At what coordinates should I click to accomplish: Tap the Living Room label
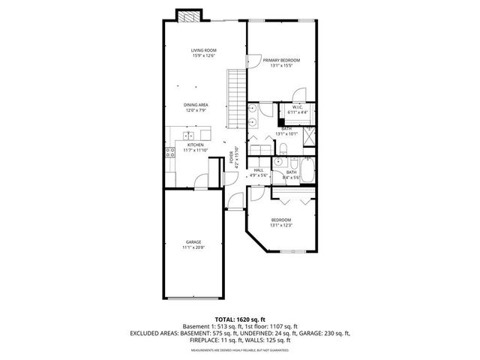(203, 49)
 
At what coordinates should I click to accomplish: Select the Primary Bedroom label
(281, 60)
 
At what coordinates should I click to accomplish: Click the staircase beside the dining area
(237, 97)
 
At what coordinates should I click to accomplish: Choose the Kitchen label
(195, 145)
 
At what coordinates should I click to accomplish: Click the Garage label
(193, 241)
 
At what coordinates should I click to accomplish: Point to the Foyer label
(231, 157)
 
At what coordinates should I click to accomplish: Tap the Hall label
(259, 170)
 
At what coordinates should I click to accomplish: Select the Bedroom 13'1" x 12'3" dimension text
(280, 225)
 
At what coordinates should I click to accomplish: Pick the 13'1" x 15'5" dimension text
(281, 65)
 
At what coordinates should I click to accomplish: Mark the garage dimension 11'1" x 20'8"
(193, 247)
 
